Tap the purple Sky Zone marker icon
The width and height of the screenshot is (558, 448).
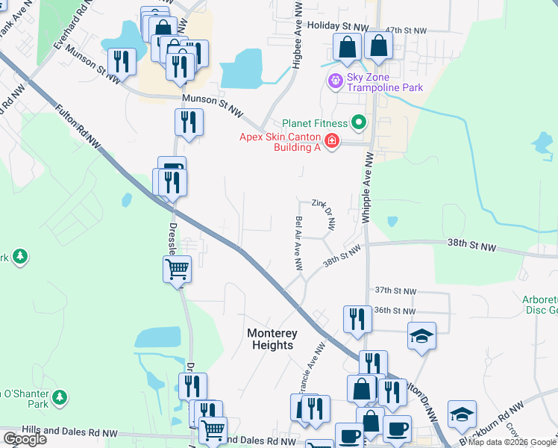335,78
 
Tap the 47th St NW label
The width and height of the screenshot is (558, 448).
410,31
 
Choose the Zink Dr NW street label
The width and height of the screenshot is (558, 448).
325,214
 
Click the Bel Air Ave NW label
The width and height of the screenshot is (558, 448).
298,243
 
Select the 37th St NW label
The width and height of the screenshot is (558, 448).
395,290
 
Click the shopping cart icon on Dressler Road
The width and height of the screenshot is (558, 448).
178,268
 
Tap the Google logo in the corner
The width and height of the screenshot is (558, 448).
25,439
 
